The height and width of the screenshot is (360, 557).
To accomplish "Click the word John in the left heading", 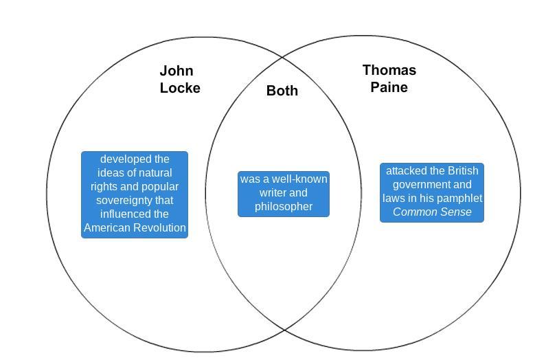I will tap(177, 71).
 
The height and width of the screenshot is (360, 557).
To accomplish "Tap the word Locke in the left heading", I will tap(180, 88).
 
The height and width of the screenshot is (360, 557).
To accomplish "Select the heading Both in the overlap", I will tap(282, 91).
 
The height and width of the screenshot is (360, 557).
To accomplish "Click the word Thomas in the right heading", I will tap(389, 70).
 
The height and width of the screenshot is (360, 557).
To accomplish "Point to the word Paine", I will tap(389, 87).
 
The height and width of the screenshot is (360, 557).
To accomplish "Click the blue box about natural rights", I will tap(135, 194).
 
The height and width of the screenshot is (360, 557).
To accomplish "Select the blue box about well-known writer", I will tap(284, 194).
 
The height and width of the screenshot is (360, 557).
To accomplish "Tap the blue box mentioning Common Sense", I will tap(432, 192).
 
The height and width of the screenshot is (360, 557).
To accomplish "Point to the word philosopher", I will tap(284, 206).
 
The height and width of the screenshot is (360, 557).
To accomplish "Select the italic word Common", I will tap(414, 212).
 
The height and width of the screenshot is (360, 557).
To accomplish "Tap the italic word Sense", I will tap(455, 212).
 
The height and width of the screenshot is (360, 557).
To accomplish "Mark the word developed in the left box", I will tap(126, 159).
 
